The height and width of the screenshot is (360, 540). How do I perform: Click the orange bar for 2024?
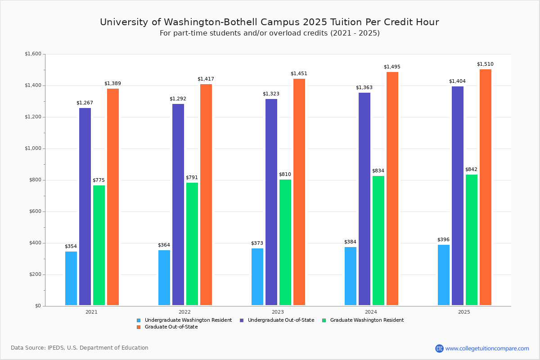(392, 189)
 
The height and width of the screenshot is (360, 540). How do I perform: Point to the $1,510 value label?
(485, 64)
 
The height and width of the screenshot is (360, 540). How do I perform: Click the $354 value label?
(71, 247)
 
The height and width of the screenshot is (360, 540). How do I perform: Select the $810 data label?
(285, 175)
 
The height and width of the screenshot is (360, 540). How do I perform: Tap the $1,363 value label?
(364, 88)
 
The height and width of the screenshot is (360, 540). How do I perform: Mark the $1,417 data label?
(206, 79)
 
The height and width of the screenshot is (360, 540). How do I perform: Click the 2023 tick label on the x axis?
(278, 312)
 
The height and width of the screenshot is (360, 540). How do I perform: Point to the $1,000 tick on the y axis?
(33, 148)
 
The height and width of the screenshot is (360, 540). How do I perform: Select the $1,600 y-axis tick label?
(33, 54)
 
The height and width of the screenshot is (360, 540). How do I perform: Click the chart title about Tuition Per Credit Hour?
(270, 22)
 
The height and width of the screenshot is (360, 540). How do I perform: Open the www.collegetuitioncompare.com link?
(487, 348)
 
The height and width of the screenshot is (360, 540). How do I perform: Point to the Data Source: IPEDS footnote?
(80, 348)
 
